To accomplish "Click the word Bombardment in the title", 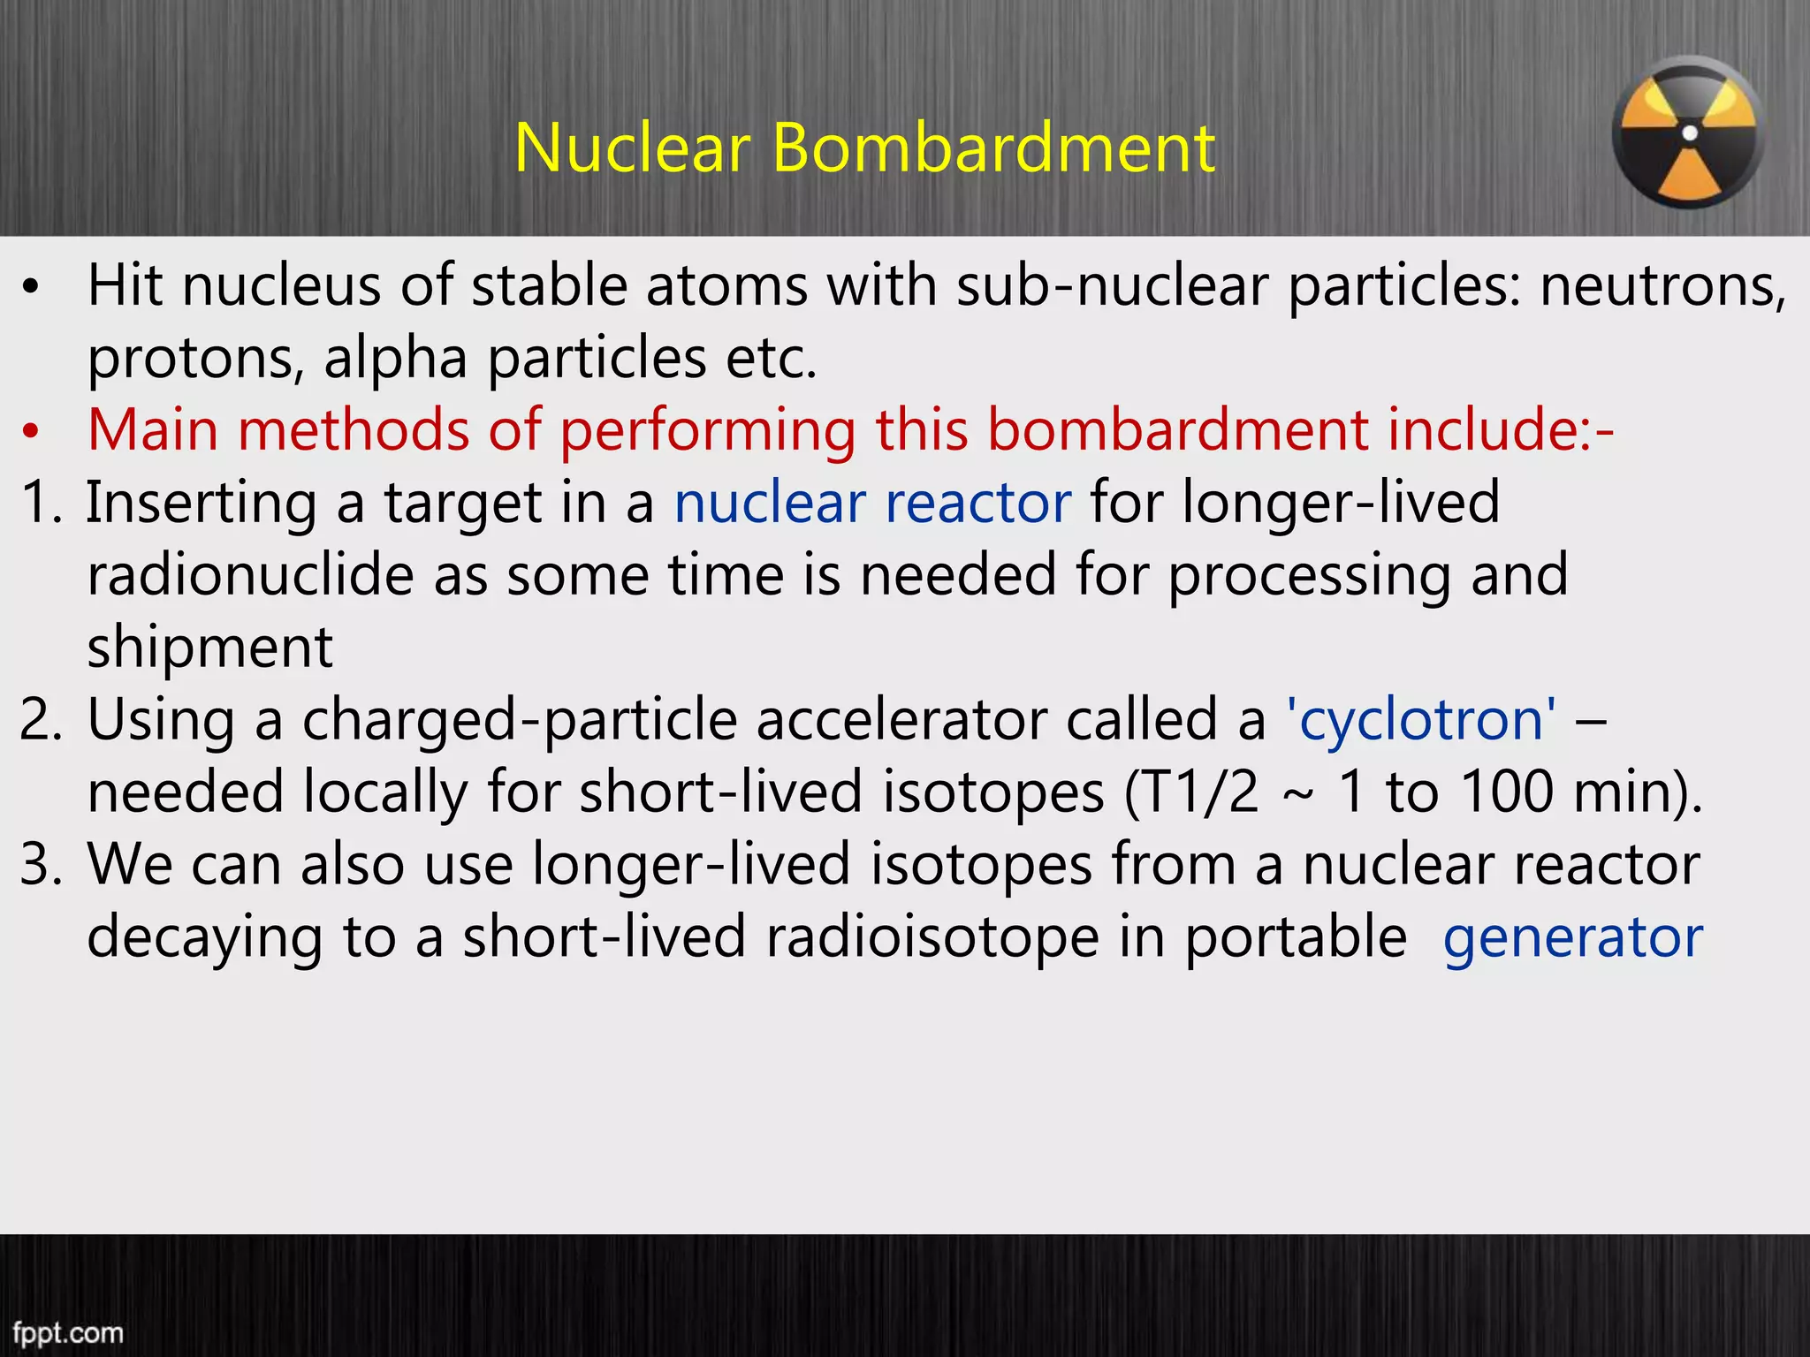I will (x=993, y=148).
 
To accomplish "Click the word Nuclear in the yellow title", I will (x=632, y=148).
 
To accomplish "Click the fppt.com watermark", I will (x=68, y=1331).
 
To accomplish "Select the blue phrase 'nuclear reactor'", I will (x=872, y=503).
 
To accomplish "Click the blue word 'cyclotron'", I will (x=1420, y=720).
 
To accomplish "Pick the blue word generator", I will (x=1572, y=937).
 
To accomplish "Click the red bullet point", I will (x=32, y=431).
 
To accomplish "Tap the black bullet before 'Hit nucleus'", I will (x=32, y=287).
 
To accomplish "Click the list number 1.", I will (x=41, y=503).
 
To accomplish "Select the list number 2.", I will (x=41, y=720).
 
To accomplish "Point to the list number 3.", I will (x=41, y=865).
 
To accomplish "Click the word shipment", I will (x=209, y=648).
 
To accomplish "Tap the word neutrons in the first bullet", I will (x=1662, y=287).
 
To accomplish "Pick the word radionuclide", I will (x=250, y=575).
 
